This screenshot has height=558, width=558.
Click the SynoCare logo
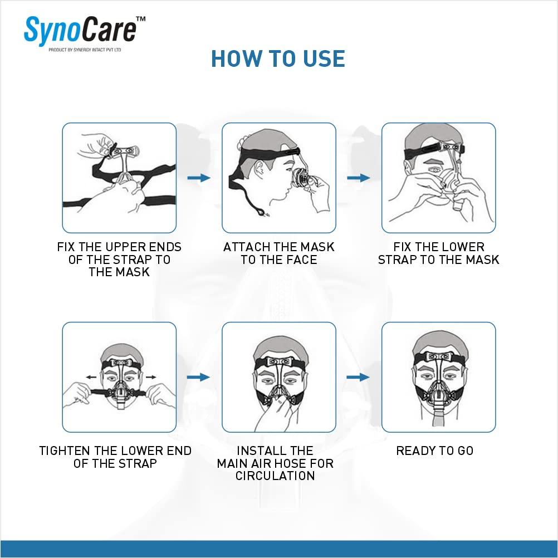click(x=80, y=31)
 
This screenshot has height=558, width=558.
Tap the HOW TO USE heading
click(x=278, y=58)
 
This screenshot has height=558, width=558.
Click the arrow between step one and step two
click(x=199, y=178)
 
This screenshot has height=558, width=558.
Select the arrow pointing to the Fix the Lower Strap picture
click(x=359, y=178)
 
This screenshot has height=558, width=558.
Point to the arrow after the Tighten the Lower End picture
click(x=199, y=377)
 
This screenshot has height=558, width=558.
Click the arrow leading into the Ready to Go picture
click(x=359, y=377)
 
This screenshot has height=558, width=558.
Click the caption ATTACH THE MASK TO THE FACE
click(x=278, y=253)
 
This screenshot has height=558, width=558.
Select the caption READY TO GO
click(x=434, y=451)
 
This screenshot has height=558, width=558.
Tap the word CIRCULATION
click(x=275, y=476)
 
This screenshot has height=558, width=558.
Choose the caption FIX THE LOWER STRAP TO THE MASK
click(x=438, y=253)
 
